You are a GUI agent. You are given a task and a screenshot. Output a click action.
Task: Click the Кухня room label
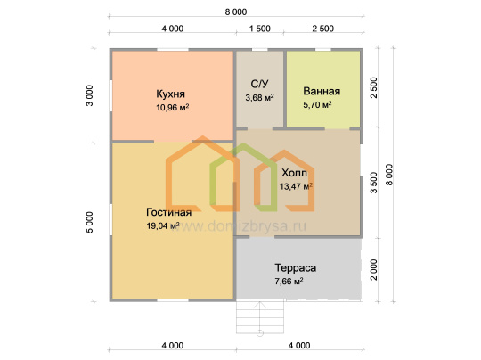tap(170, 94)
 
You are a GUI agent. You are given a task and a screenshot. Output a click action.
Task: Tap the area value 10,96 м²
tap(173, 108)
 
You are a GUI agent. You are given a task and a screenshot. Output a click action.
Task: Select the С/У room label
tap(259, 84)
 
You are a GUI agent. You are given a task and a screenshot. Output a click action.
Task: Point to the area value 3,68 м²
tap(259, 98)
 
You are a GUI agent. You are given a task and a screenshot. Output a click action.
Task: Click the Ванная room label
tap(322, 91)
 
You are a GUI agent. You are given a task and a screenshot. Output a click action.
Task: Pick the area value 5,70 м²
tap(317, 104)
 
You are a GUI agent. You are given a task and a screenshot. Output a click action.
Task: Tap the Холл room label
tap(294, 173)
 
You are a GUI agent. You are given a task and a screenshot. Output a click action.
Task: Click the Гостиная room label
tap(168, 212)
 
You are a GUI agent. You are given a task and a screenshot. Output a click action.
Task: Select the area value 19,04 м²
tap(163, 225)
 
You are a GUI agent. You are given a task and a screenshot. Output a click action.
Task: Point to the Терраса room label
tap(295, 267)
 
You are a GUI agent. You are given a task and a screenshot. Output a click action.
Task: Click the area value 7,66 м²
tap(289, 281)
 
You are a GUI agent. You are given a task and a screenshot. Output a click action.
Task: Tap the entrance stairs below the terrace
tap(260, 317)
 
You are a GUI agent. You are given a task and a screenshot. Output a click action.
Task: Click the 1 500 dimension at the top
tap(260, 29)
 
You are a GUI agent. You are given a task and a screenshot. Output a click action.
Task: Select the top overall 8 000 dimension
tap(235, 12)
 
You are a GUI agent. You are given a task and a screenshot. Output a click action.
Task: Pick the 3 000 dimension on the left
tap(90, 95)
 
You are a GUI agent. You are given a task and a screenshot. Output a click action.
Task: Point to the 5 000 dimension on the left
tap(90, 222)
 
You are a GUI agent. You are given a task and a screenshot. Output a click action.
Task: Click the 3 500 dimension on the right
tap(373, 183)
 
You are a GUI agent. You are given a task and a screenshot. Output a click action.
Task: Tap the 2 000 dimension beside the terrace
tap(373, 270)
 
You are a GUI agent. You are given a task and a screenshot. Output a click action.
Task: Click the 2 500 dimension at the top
tap(322, 29)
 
